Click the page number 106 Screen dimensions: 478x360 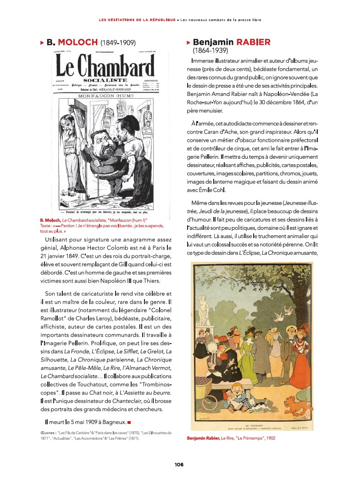tap(179, 464)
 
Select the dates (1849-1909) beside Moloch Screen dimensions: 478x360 tap(118, 43)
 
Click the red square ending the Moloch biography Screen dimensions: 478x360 tap(130, 422)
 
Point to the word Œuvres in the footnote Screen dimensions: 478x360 tap(48, 433)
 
